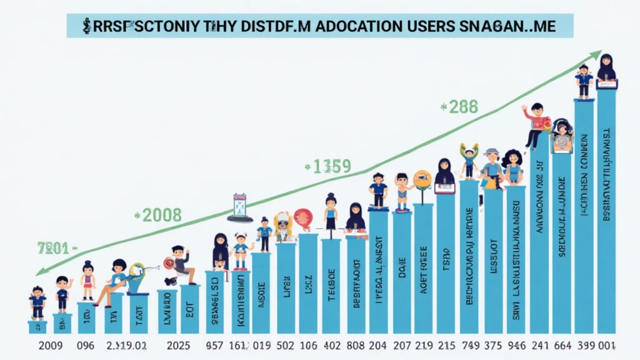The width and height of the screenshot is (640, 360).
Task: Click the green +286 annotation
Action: pos(459,107)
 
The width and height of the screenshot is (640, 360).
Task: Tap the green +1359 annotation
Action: pos(328,167)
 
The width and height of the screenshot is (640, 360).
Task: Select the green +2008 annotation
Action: pos(158,216)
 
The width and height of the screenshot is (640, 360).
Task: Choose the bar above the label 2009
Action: pos(37,327)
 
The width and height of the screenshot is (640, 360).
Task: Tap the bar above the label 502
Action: pos(286,287)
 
